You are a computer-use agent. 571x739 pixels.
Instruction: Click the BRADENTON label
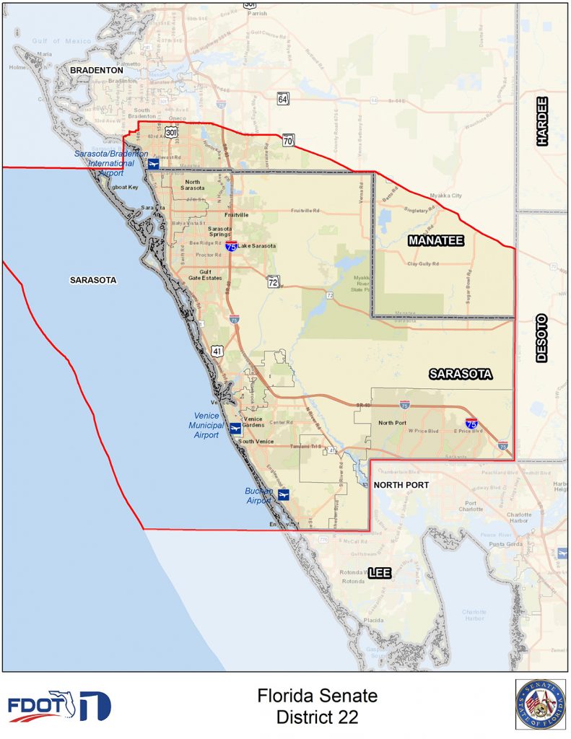click(x=97, y=70)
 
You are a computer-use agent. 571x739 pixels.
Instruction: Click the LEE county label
click(x=380, y=573)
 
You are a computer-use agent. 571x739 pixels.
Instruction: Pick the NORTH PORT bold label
click(x=401, y=485)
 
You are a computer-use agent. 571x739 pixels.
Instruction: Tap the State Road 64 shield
click(x=283, y=99)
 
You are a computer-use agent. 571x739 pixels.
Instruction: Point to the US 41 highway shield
click(x=217, y=351)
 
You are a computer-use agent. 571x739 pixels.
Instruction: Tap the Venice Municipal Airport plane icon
click(x=235, y=429)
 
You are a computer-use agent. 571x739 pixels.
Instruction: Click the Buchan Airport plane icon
click(x=284, y=494)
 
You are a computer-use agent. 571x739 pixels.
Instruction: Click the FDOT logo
click(x=59, y=706)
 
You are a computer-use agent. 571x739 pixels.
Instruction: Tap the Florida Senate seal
click(x=540, y=704)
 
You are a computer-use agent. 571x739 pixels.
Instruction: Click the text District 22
click(x=318, y=717)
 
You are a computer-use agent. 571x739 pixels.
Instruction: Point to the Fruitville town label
click(x=236, y=215)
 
